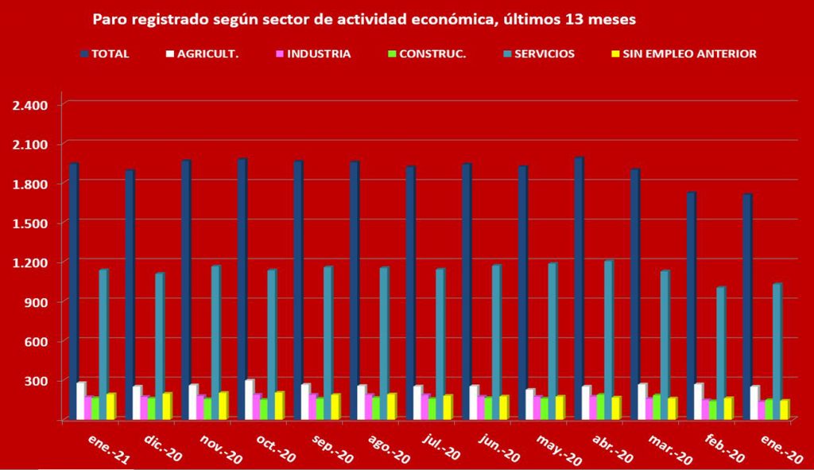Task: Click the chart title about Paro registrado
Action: click(364, 19)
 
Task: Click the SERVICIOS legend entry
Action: click(543, 54)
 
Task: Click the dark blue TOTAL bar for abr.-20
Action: click(578, 286)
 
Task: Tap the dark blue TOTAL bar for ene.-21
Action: click(73, 290)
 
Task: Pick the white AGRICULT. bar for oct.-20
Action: click(249, 398)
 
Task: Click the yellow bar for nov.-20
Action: click(223, 405)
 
